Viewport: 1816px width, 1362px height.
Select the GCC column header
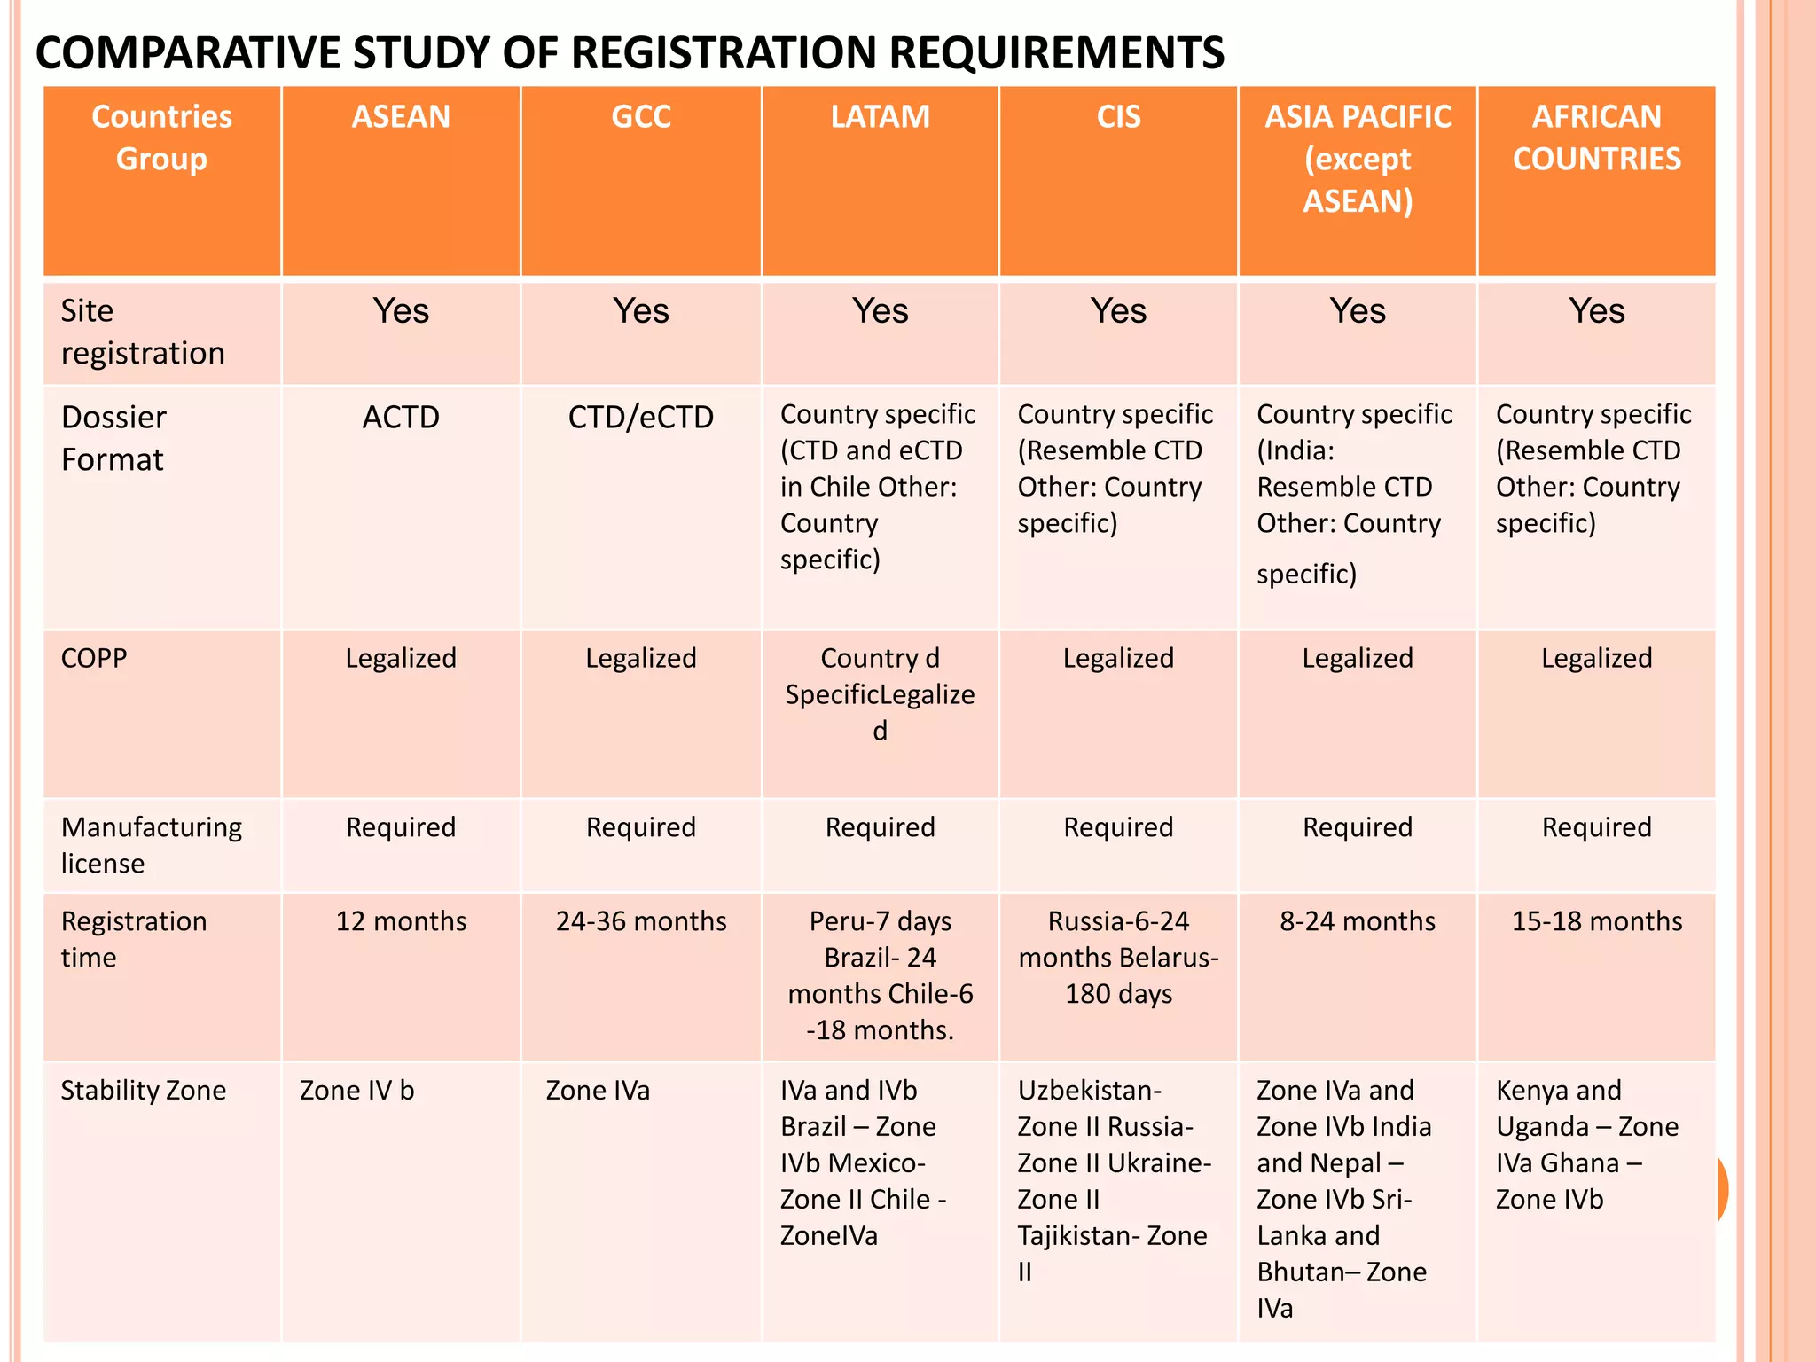click(640, 117)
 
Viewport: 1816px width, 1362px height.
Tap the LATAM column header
click(880, 117)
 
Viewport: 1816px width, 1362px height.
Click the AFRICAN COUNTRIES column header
click(1596, 138)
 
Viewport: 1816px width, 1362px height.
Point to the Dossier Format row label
click(113, 438)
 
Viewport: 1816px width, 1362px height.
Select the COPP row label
click(94, 658)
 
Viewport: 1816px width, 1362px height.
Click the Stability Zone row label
click(143, 1090)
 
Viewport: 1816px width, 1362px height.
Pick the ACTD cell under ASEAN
click(401, 417)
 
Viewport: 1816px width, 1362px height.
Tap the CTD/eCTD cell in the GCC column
click(640, 417)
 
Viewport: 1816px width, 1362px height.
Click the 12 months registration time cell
click(401, 921)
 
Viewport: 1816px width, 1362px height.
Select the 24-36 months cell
click(640, 921)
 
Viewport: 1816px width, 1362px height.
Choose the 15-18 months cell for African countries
click(1596, 921)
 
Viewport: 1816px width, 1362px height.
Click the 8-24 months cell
click(1357, 921)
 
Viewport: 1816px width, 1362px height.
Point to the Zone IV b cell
click(356, 1090)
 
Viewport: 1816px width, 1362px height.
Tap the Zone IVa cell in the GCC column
click(598, 1090)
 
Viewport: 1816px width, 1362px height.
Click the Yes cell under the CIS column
click(1118, 311)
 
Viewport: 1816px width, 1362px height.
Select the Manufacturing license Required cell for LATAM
click(880, 827)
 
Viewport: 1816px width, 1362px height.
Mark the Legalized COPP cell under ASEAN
click(401, 658)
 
